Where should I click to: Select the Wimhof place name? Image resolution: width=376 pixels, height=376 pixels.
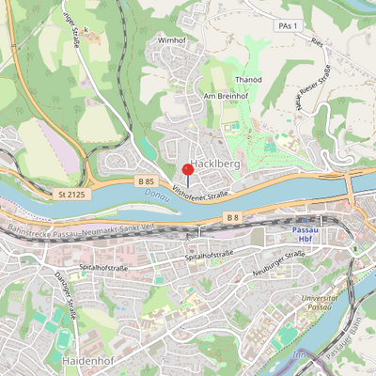tap(172, 41)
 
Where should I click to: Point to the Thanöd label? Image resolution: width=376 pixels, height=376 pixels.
tap(246, 80)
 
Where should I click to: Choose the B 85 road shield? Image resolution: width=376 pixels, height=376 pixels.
tap(145, 180)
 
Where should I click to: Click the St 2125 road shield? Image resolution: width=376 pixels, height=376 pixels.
tap(70, 194)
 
